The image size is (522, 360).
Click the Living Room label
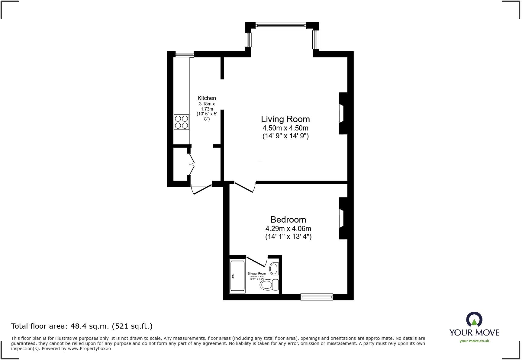coord(285,119)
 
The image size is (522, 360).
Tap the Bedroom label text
coord(288,220)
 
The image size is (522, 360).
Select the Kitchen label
coord(207,98)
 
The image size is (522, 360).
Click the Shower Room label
coord(256,274)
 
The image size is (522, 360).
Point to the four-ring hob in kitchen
coord(181,122)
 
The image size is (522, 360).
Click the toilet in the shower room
coord(269,284)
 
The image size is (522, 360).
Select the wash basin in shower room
coord(274,268)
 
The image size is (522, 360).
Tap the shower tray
coord(237,276)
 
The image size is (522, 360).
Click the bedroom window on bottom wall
coord(317,297)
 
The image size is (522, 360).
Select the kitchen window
coord(184,54)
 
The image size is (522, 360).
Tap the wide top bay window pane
coord(281,26)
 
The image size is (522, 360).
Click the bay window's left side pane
coord(248,40)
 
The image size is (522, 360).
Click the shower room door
coord(257,261)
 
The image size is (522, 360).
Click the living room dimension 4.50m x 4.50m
coord(285,128)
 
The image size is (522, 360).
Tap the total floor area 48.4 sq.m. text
coord(82,326)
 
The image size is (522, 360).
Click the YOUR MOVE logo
coord(474,328)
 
